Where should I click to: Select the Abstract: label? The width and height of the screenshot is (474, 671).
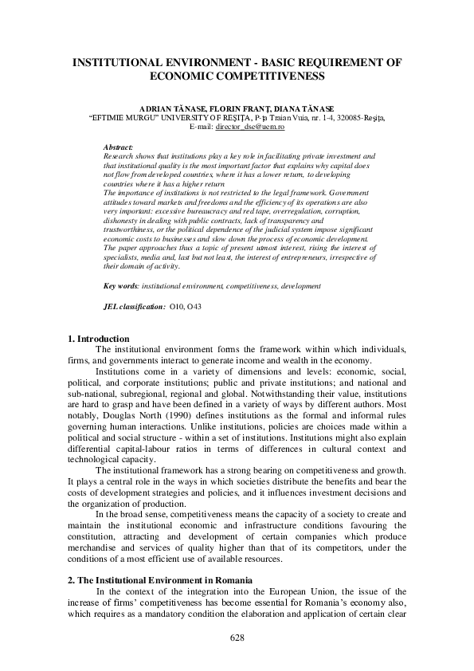pyautogui.click(x=119, y=147)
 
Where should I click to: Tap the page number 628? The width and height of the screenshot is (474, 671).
pyautogui.click(x=237, y=638)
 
